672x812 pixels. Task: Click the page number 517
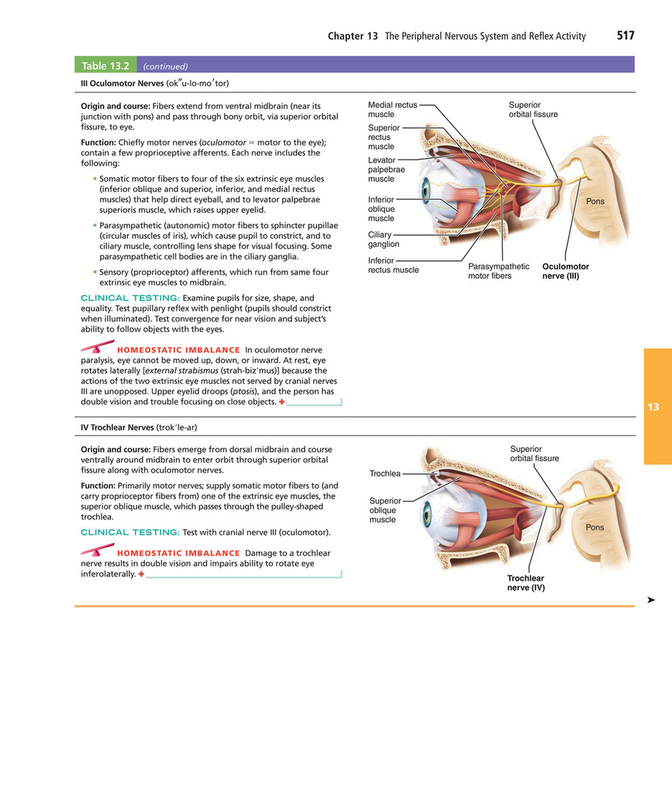click(x=625, y=35)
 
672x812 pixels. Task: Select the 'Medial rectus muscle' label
click(x=392, y=109)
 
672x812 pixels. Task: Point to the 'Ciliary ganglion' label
click(x=383, y=239)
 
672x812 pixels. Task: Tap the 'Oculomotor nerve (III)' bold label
click(x=565, y=271)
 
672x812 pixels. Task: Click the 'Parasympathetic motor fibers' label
click(x=498, y=271)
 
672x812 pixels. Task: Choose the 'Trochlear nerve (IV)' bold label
click(x=526, y=583)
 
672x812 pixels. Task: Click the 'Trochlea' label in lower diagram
click(x=385, y=474)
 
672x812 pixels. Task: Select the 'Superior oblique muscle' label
click(x=385, y=510)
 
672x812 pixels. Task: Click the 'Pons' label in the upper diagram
click(x=594, y=202)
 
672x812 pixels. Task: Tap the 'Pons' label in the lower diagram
click(x=594, y=528)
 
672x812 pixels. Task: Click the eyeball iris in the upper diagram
click(x=425, y=188)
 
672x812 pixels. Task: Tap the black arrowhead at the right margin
click(x=651, y=601)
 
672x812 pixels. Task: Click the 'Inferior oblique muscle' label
click(x=381, y=209)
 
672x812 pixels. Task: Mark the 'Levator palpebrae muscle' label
click(x=386, y=169)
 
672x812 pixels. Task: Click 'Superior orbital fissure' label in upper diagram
click(x=532, y=109)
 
